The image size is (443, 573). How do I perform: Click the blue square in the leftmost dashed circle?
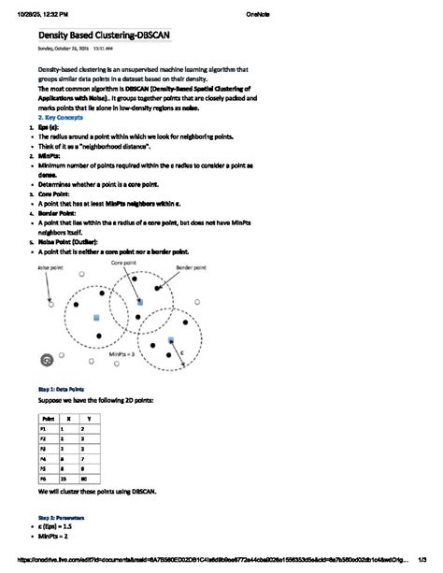click(96, 319)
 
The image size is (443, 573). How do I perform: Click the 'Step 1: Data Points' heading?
click(61, 386)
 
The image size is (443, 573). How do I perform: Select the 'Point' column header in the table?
click(47, 419)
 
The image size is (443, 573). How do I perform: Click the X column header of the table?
click(68, 419)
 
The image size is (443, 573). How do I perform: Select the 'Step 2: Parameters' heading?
click(61, 517)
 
